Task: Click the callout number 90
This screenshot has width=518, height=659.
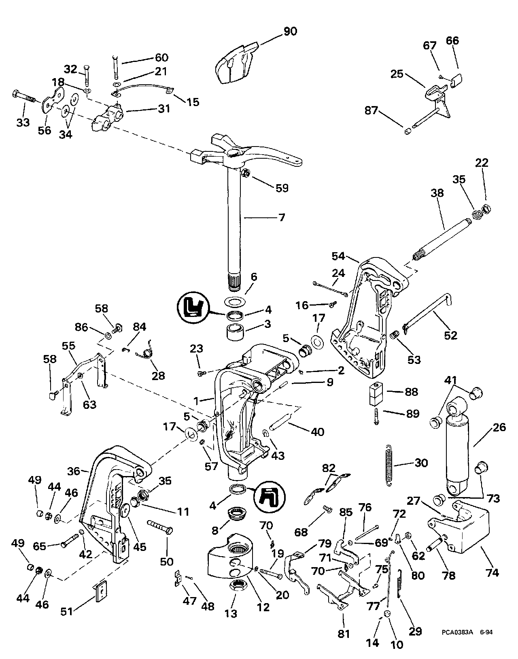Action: pos(290,31)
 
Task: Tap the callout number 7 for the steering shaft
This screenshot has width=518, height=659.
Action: pos(282,217)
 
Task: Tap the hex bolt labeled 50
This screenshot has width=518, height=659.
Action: pos(161,528)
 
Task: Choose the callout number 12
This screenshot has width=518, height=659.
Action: pos(263,607)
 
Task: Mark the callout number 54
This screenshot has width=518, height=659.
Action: pos(338,256)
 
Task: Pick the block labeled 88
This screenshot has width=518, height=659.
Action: pos(376,395)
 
